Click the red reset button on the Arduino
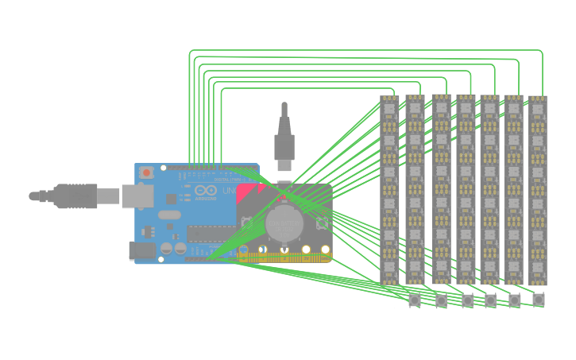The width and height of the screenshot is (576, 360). tap(146, 172)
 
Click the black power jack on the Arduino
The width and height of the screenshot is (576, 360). tap(141, 251)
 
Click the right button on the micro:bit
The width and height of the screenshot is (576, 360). tap(322, 223)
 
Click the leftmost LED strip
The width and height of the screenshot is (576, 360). tap(389, 190)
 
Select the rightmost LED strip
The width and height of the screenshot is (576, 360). tap(538, 190)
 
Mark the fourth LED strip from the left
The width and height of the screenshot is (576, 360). tap(466, 190)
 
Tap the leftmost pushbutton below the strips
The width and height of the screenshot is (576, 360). tap(415, 300)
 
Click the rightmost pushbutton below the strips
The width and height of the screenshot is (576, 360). tap(539, 300)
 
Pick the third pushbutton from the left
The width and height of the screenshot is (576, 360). tap(467, 300)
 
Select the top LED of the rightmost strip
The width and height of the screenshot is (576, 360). tap(538, 109)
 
